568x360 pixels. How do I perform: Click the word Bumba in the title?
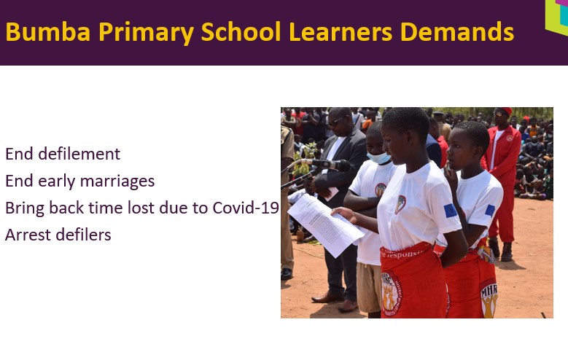(x=48, y=32)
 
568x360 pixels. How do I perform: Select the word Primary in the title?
(x=147, y=33)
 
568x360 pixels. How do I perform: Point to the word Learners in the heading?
(x=341, y=32)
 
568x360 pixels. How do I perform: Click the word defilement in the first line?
(x=79, y=154)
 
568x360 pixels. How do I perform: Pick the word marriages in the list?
(x=117, y=181)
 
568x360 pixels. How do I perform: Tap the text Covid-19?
(x=246, y=208)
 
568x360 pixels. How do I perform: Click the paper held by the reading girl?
(x=325, y=224)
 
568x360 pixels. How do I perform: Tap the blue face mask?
(x=378, y=158)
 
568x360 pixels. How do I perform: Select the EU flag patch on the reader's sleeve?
(x=451, y=211)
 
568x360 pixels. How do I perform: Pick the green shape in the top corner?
(x=557, y=17)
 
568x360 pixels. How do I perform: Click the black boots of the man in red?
(x=502, y=249)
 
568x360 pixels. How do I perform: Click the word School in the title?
(x=241, y=32)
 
